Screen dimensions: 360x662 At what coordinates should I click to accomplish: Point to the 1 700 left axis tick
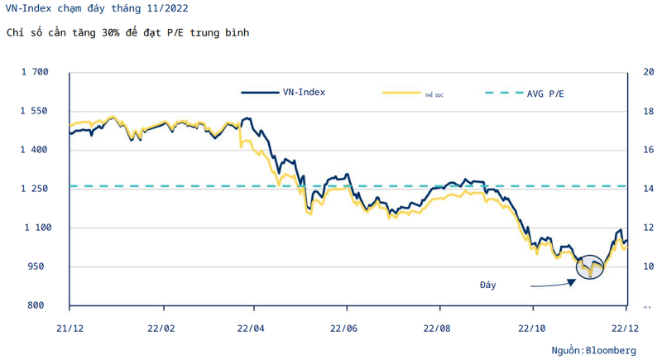pyautogui.click(x=36, y=72)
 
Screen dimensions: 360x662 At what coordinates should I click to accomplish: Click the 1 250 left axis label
pyautogui.click(x=36, y=189)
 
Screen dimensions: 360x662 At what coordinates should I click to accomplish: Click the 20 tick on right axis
pyautogui.click(x=637, y=72)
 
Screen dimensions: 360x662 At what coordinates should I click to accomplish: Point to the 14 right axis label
pyautogui.click(x=637, y=189)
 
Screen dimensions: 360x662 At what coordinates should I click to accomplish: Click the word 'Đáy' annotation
pyautogui.click(x=488, y=285)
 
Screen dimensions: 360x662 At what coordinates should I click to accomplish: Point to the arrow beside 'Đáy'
pyautogui.click(x=551, y=284)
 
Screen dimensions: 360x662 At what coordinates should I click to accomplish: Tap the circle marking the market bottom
pyautogui.click(x=590, y=266)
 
